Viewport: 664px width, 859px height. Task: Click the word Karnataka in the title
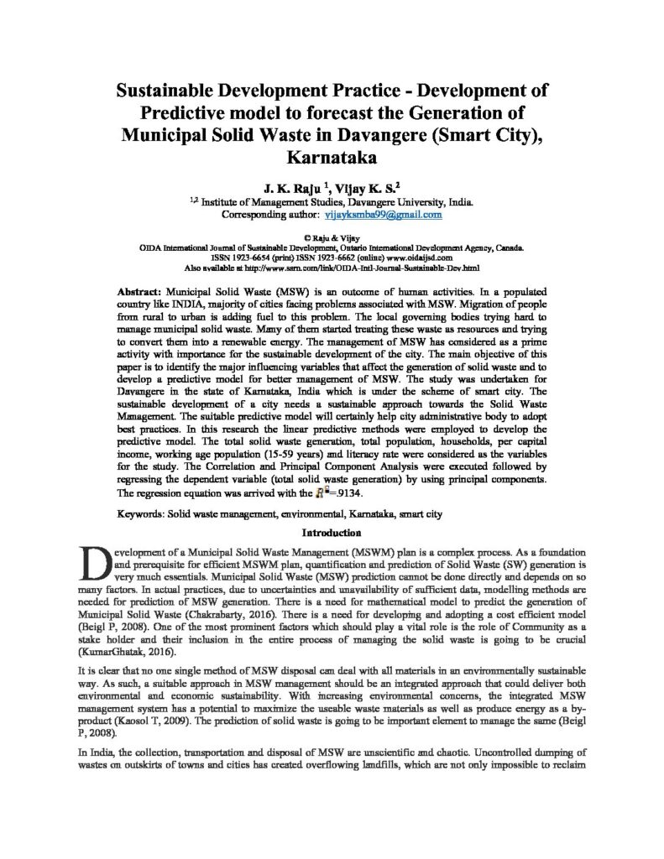pos(331,156)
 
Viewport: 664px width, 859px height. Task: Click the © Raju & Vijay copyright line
pos(332,238)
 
